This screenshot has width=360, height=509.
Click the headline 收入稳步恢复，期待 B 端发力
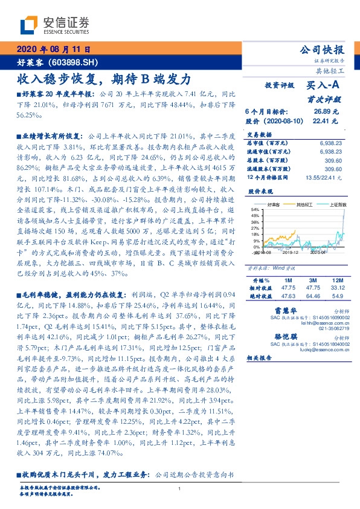click(104, 79)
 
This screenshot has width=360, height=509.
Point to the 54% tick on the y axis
click(256, 210)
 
